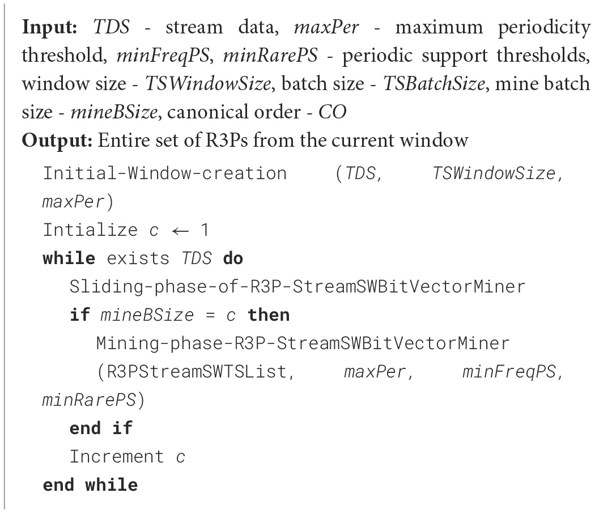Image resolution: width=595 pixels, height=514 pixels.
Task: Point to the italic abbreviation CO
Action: pyautogui.click(x=332, y=112)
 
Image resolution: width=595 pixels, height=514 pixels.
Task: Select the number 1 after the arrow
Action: pyautogui.click(x=205, y=230)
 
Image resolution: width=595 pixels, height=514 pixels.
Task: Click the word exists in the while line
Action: pyautogui.click(x=138, y=258)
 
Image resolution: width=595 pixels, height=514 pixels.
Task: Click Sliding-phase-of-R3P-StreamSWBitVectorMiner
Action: pyautogui.click(x=297, y=286)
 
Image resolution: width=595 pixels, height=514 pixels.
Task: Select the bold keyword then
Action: pyautogui.click(x=269, y=315)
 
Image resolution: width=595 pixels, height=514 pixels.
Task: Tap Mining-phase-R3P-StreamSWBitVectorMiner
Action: pyautogui.click(x=303, y=343)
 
